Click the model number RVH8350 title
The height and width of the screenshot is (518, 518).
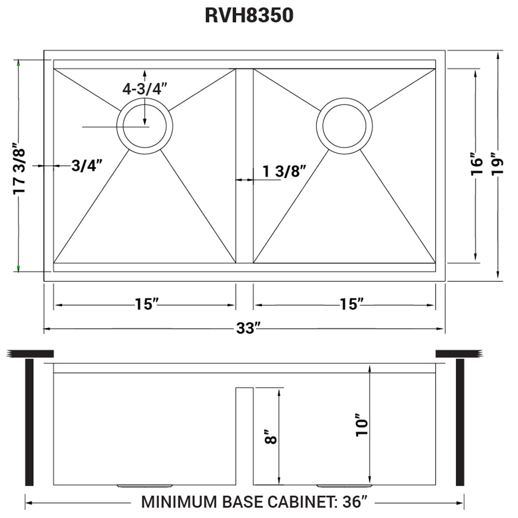250,16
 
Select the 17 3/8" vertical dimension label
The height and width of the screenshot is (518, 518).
20,168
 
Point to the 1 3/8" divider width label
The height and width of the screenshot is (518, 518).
284,171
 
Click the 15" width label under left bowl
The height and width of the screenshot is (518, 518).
147,305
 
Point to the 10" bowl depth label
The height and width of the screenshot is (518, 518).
362,425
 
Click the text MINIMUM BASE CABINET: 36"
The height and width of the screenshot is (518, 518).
254,502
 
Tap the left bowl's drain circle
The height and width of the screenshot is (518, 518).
145,126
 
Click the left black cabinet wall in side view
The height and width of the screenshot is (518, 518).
29,422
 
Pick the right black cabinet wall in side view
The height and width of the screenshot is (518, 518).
459,422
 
